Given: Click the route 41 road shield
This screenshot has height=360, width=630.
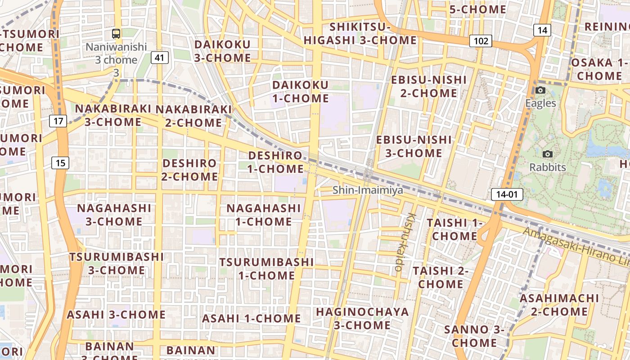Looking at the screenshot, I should click(x=160, y=58).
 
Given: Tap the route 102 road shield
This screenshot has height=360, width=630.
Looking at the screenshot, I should click(x=481, y=41).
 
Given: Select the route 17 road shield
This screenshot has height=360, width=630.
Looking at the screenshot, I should click(x=58, y=121).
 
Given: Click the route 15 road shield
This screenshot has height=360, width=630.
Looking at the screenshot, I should click(x=60, y=162).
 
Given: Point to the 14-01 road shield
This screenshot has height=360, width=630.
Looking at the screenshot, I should click(x=507, y=194).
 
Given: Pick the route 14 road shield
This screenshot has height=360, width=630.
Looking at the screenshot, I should click(x=542, y=30).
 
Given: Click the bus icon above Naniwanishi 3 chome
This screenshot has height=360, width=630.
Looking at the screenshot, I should click(x=116, y=33).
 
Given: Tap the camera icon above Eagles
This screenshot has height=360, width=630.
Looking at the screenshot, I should click(x=540, y=90).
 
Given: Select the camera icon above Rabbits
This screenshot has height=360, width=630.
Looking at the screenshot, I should click(x=547, y=154).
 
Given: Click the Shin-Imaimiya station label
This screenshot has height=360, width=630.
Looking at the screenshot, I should click(x=368, y=190).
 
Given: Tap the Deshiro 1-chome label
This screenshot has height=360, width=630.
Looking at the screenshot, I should click(x=275, y=162).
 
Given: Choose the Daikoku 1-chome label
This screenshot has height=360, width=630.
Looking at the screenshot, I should click(x=301, y=91).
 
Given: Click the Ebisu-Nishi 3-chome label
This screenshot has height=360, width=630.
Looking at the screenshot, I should click(x=414, y=146).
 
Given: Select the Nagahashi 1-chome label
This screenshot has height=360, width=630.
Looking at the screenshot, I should click(x=264, y=215).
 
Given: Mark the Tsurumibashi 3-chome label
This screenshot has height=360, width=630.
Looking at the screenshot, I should click(x=117, y=263).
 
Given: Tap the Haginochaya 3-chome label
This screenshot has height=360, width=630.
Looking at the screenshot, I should click(x=362, y=318).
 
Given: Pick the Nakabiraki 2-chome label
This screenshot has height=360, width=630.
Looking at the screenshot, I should click(x=193, y=116).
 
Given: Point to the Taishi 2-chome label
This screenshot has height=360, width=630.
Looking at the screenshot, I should click(x=441, y=277).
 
